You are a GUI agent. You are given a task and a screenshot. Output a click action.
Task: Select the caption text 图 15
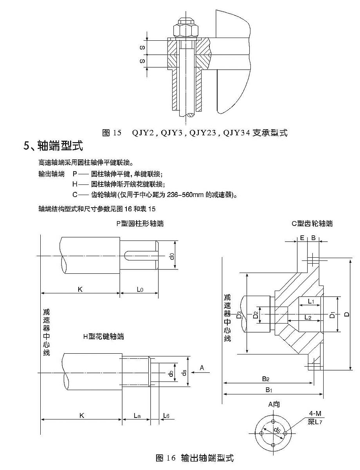tap(112, 133)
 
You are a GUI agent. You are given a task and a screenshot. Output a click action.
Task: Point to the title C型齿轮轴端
tap(312, 224)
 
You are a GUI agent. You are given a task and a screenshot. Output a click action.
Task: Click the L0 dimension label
tap(140, 289)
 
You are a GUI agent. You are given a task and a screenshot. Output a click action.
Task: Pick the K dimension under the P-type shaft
tap(80, 289)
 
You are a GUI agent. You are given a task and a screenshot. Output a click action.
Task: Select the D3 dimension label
tap(239, 314)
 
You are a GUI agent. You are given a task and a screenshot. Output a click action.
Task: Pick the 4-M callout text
tap(314, 414)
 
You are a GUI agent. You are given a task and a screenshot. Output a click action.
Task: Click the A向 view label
tap(274, 404)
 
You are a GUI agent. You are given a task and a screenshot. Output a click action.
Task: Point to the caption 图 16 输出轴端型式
tap(194, 457)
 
